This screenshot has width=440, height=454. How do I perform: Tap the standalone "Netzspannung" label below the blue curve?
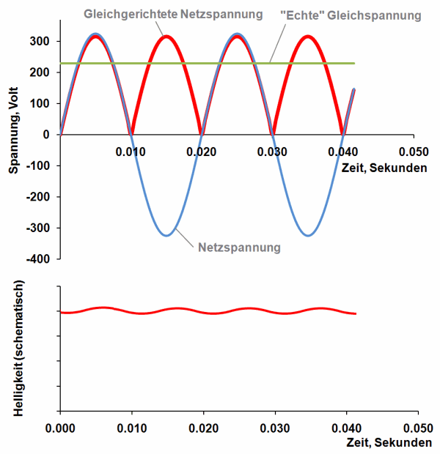point(239,248)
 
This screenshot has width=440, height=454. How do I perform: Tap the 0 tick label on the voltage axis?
point(46,135)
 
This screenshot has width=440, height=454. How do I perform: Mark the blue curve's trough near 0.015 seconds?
point(166,235)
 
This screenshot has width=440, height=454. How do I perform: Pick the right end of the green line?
point(355,64)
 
